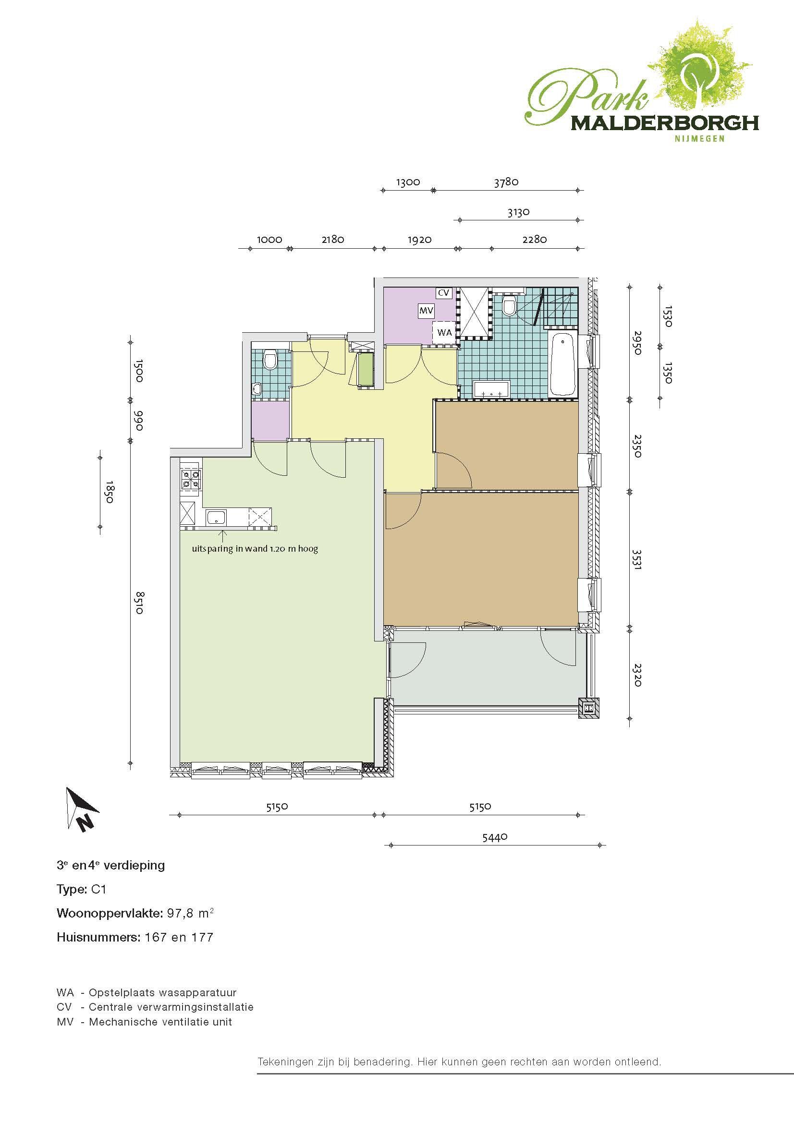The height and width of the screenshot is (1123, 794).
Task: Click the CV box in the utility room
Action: point(443,293)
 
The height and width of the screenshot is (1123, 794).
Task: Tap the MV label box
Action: point(424,311)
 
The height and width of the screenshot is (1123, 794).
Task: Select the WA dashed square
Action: point(444,333)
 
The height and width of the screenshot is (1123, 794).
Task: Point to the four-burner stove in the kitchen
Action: point(190,479)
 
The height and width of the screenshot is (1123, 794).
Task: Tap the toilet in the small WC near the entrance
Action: point(269,361)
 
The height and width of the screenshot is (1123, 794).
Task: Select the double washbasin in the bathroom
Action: point(492,390)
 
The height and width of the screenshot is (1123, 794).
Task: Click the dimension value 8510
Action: point(139,603)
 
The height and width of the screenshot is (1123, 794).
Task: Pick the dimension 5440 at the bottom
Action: point(495,837)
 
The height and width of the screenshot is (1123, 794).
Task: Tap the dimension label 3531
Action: point(636,559)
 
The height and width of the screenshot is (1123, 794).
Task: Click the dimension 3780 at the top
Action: point(506,182)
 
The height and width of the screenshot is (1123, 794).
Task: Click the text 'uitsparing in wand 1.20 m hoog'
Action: point(255,549)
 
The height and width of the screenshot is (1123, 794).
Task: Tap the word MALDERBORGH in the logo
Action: point(665,122)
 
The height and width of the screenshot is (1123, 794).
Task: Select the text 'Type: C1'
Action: point(81,889)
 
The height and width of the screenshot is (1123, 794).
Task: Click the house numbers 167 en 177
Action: point(179,937)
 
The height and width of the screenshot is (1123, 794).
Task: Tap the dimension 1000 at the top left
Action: point(269,239)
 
